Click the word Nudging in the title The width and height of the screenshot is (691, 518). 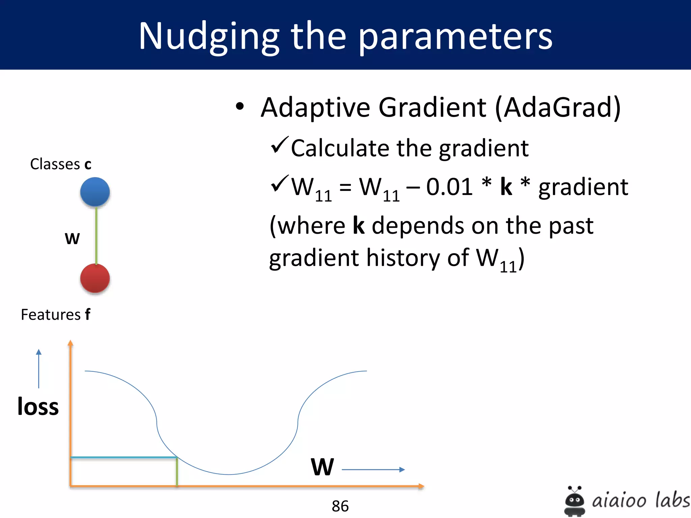(209, 36)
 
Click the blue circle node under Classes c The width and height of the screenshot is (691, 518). (95, 192)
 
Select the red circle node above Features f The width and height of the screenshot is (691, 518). (95, 278)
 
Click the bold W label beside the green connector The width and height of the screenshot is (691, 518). (72, 238)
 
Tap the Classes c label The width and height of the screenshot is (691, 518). (61, 164)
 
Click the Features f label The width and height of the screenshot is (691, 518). (56, 315)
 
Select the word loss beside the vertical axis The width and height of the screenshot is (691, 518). (38, 406)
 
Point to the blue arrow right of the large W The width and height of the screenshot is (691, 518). (373, 469)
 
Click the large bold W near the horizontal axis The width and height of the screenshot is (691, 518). (322, 467)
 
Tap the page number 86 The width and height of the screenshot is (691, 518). (340, 506)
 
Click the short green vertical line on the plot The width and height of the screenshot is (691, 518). (177, 471)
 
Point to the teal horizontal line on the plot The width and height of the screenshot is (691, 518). (123, 458)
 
